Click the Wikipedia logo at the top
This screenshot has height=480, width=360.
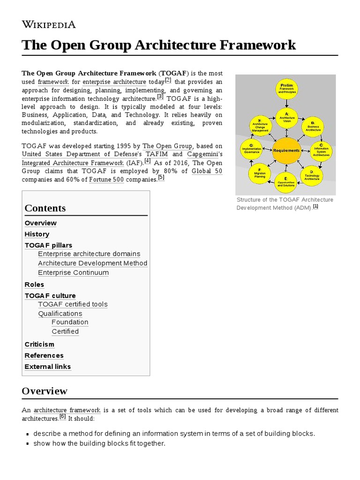[x=49, y=24]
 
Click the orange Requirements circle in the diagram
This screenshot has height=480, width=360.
[x=286, y=151]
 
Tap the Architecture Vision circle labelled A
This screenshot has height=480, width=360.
[x=287, y=117]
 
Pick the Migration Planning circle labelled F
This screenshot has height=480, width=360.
[x=259, y=174]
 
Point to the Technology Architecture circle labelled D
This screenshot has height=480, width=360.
[x=315, y=174]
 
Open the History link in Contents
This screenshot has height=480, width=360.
[x=37, y=234]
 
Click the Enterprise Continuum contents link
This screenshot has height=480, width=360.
[x=73, y=273]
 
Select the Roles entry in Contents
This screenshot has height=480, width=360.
[x=34, y=285]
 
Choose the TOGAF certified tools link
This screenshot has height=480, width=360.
[x=73, y=304]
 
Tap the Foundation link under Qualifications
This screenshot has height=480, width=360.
[x=70, y=322]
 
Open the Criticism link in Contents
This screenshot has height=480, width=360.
[x=39, y=345]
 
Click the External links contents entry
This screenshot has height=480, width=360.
[x=48, y=367]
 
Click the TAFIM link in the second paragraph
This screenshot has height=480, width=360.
[x=157, y=154]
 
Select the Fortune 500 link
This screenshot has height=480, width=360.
[x=106, y=180]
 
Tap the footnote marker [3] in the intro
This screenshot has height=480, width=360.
[x=160, y=97]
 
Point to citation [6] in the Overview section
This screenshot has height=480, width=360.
[x=63, y=416]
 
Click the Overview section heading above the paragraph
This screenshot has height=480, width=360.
[x=45, y=391]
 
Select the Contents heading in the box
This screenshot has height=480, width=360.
[x=45, y=208]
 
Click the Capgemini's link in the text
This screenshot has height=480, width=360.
[x=205, y=154]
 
